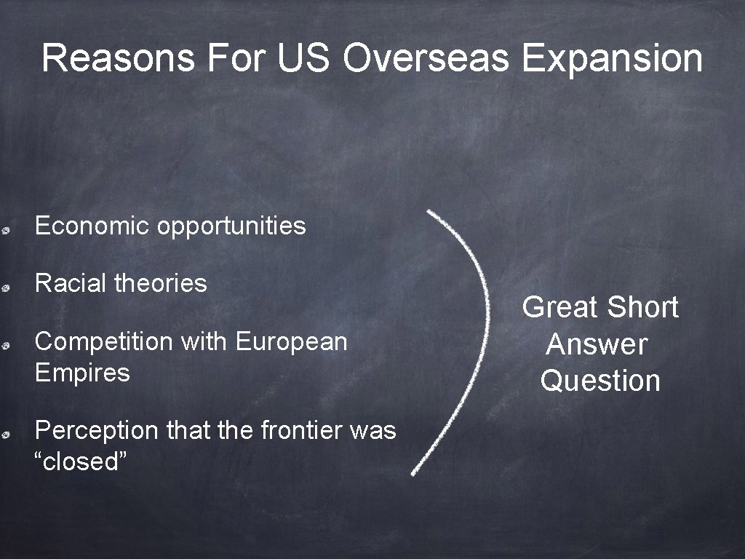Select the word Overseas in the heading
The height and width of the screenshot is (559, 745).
click(x=426, y=59)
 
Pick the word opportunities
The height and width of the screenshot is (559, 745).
click(x=231, y=227)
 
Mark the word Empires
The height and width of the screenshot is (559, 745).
click(x=81, y=373)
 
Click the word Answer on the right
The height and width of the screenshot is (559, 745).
click(x=597, y=344)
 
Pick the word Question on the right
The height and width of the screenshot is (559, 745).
click(x=600, y=381)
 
